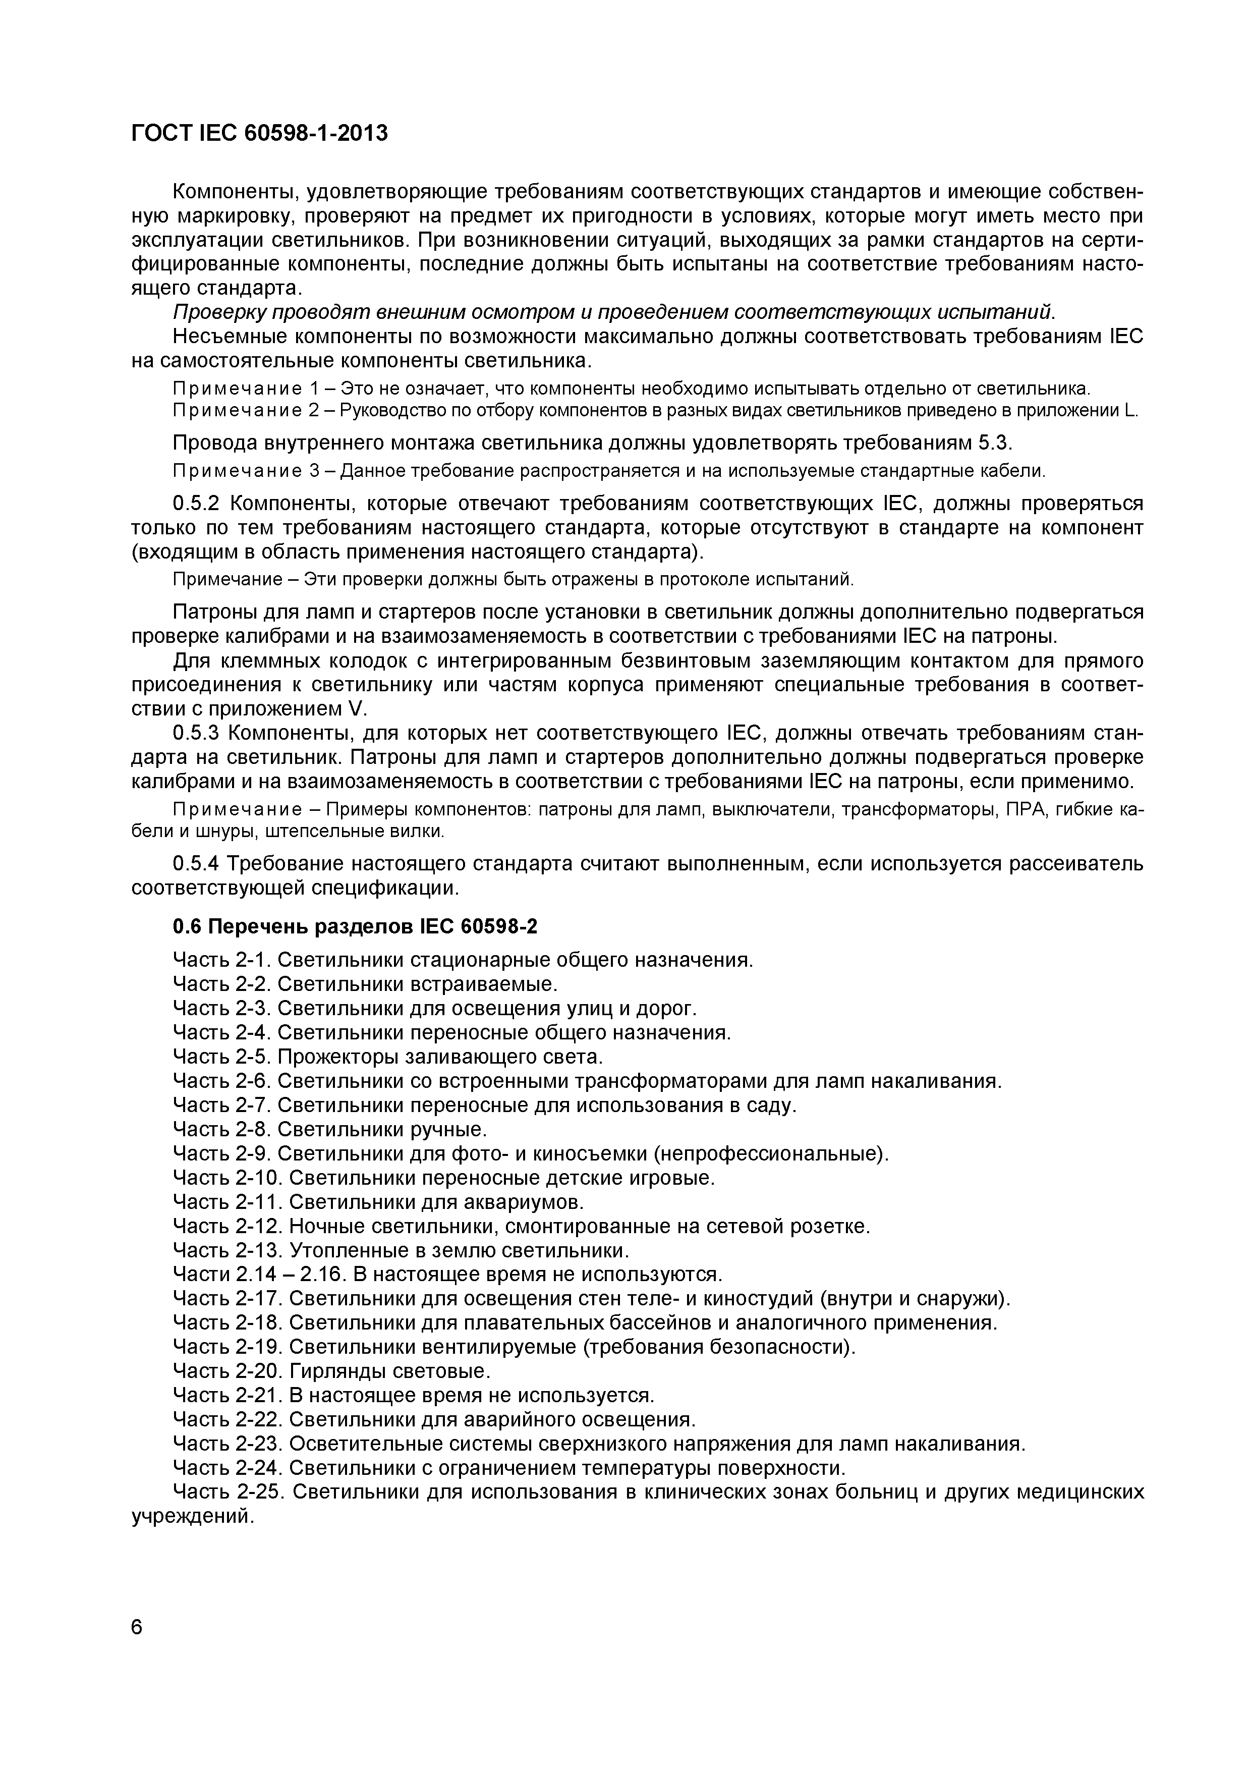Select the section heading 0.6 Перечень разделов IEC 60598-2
pos(355,927)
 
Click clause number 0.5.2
pos(197,504)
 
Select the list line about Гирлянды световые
pos(331,1371)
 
